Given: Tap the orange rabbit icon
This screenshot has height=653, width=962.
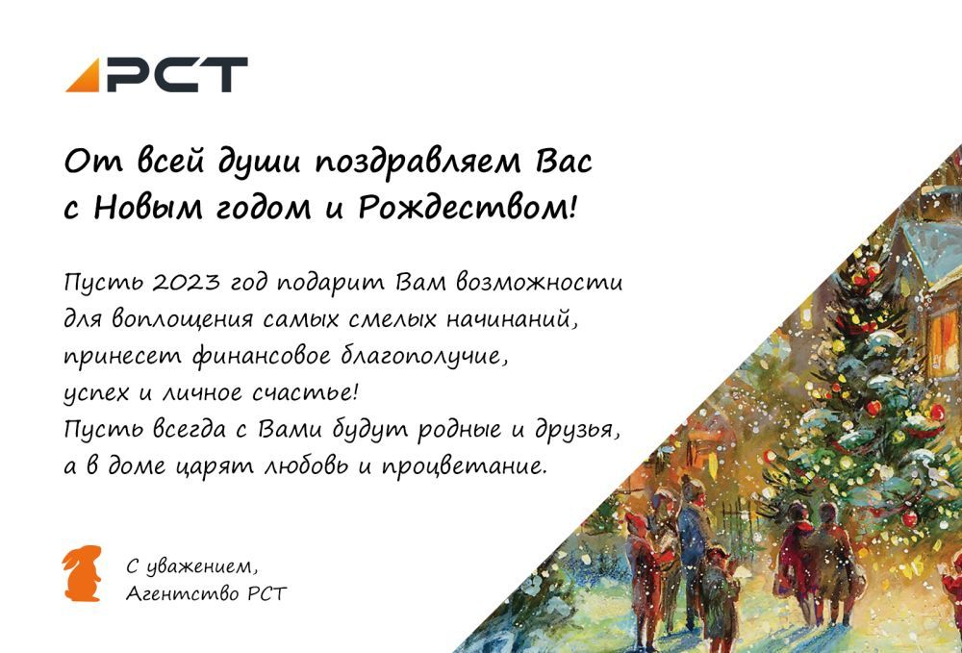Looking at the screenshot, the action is pyautogui.click(x=82, y=572).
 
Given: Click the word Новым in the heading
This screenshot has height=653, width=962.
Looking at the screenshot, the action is pyautogui.click(x=148, y=209).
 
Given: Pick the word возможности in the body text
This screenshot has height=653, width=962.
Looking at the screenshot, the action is pyautogui.click(x=540, y=283).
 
